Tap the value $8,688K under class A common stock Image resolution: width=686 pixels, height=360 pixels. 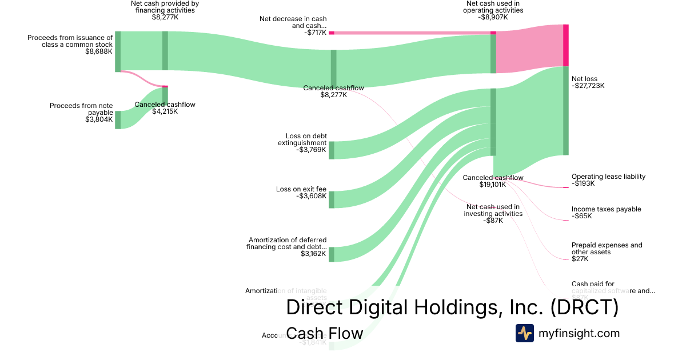99,51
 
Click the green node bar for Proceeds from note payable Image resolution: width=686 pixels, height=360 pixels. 118,120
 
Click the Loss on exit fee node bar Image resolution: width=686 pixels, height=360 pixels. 331,199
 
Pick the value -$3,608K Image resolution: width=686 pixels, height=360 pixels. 312,196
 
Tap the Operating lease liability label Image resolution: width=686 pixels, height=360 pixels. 608,177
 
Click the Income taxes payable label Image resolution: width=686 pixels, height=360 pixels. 606,209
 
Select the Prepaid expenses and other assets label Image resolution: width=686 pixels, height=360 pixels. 607,249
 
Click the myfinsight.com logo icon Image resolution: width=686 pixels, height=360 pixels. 524,333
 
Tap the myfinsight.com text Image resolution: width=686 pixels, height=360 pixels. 579,333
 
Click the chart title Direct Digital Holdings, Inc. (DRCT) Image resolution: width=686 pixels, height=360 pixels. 452,307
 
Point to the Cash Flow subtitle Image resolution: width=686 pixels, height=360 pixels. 324,333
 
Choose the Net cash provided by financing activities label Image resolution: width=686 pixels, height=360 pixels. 165,6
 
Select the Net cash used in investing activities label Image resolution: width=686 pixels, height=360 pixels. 493,210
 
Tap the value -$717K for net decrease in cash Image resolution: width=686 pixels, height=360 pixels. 316,33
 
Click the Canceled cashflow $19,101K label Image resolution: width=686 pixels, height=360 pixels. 493,181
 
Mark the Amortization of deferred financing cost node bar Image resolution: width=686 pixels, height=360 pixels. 331,254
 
